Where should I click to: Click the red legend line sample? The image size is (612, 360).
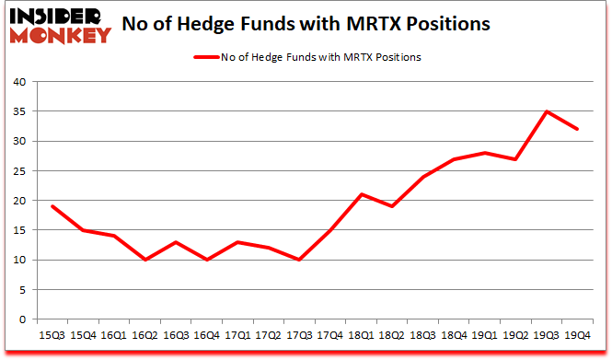point(208,57)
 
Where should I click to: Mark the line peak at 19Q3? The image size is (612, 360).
point(547,111)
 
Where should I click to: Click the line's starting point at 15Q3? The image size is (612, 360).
point(52,206)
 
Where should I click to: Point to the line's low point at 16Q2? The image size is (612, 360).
point(144,260)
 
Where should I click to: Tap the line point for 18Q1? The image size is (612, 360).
point(362,194)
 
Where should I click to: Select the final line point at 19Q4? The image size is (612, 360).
point(578,129)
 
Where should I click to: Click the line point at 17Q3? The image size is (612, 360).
point(300,260)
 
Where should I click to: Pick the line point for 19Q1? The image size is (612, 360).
point(485,153)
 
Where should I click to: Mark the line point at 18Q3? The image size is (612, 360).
point(423,177)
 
